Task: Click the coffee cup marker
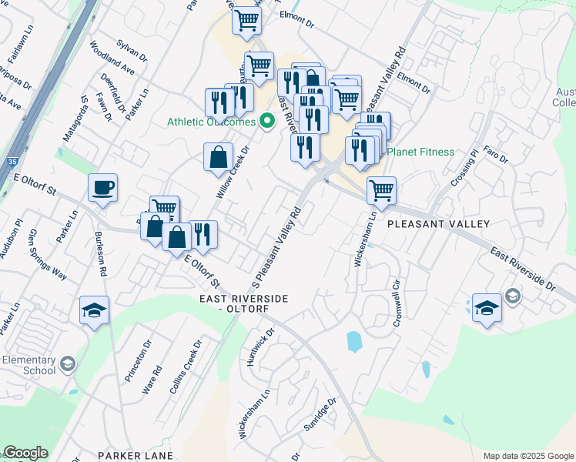tap(102, 188)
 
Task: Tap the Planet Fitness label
tap(420, 152)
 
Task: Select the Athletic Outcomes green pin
tap(268, 122)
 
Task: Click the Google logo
tap(25, 453)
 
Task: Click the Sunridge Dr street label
tap(320, 417)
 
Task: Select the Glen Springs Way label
tap(47, 251)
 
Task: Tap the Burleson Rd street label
tap(101, 254)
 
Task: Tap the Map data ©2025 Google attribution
tap(528, 456)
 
